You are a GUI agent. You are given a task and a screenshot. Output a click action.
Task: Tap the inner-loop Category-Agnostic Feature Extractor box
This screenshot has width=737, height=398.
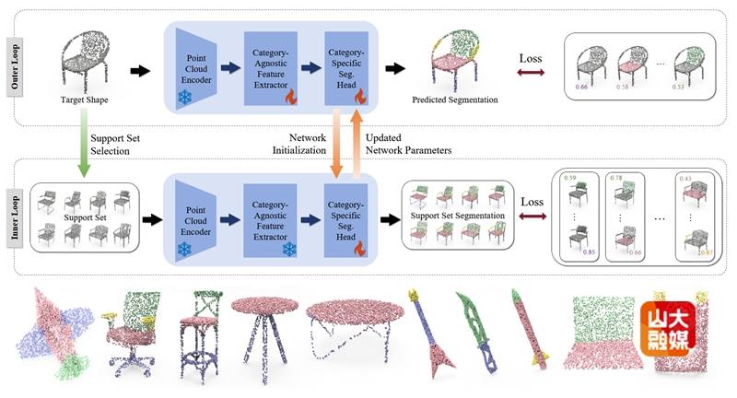(x=268, y=220)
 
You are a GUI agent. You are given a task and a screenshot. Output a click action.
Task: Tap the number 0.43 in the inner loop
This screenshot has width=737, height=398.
(x=684, y=178)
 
